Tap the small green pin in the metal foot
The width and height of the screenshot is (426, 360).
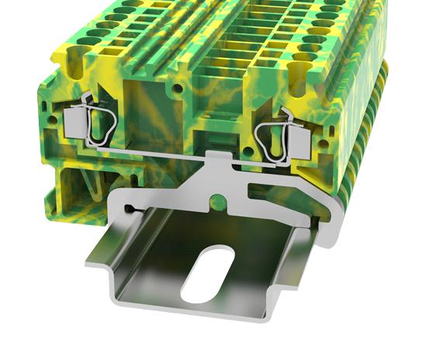tap(220, 203)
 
